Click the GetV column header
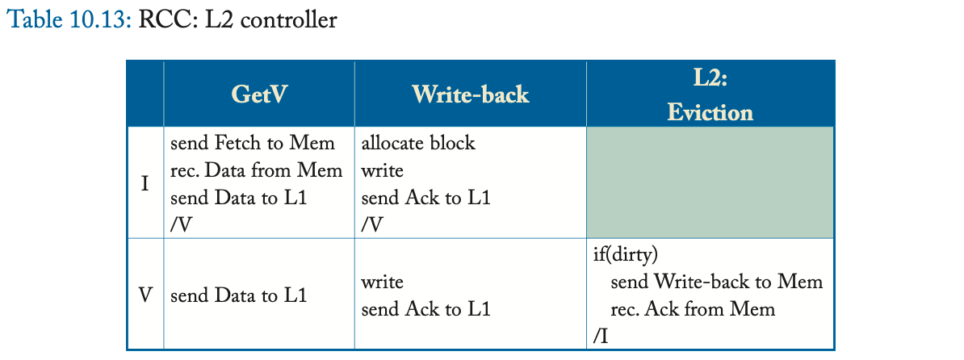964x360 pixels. [x=259, y=94]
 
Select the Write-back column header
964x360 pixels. [x=470, y=94]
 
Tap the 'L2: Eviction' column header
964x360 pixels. [x=710, y=94]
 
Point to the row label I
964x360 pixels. [x=145, y=184]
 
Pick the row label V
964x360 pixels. [x=145, y=295]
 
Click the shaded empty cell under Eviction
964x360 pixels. [x=710, y=182]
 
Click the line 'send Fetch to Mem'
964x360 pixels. [x=253, y=144]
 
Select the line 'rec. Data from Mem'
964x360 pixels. [x=257, y=171]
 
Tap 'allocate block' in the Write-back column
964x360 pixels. [x=418, y=144]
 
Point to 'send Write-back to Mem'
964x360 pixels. [x=716, y=282]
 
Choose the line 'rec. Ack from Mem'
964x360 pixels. [x=692, y=309]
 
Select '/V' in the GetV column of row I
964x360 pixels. [x=182, y=225]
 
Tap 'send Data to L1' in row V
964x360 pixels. [x=238, y=295]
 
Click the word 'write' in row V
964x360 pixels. [x=382, y=282]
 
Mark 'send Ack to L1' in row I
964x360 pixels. [x=425, y=198]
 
